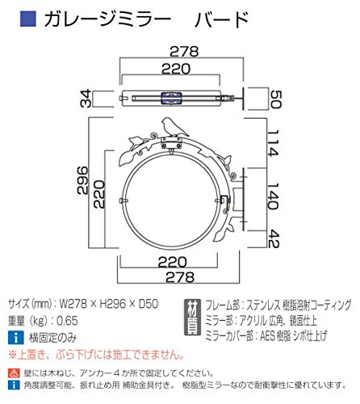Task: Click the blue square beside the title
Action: [x=28, y=19]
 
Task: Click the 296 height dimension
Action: [x=82, y=180]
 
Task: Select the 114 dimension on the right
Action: [x=274, y=143]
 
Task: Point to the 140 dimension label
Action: [x=274, y=196]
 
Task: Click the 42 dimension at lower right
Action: [x=274, y=238]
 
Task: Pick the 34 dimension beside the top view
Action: [x=86, y=99]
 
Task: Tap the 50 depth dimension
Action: [x=276, y=99]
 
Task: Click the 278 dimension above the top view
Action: [x=184, y=51]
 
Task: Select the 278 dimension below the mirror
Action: [x=180, y=277]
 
